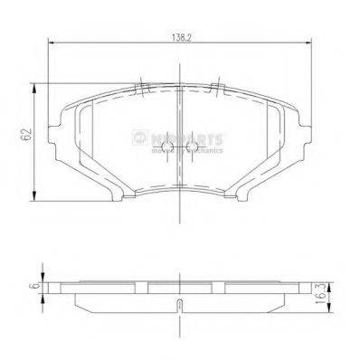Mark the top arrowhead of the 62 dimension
pos(36,84)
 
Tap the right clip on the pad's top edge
pos(217,89)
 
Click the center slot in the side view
pos(181,303)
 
